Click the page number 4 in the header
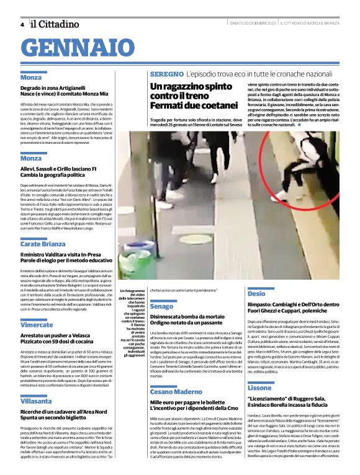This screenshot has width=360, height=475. [22, 24]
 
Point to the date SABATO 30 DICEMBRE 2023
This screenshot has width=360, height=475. [251, 24]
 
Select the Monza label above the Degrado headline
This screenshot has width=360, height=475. [30, 78]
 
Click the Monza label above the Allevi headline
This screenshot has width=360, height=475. [30, 159]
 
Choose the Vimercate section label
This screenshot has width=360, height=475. [36, 325]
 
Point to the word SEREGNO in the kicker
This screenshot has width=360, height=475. [164, 74]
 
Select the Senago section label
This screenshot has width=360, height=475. [161, 307]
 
